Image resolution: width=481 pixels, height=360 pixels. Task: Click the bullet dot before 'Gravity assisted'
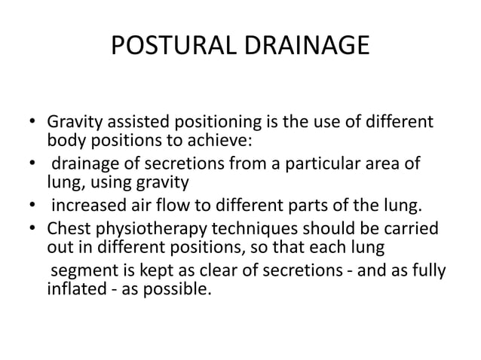(x=31, y=124)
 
